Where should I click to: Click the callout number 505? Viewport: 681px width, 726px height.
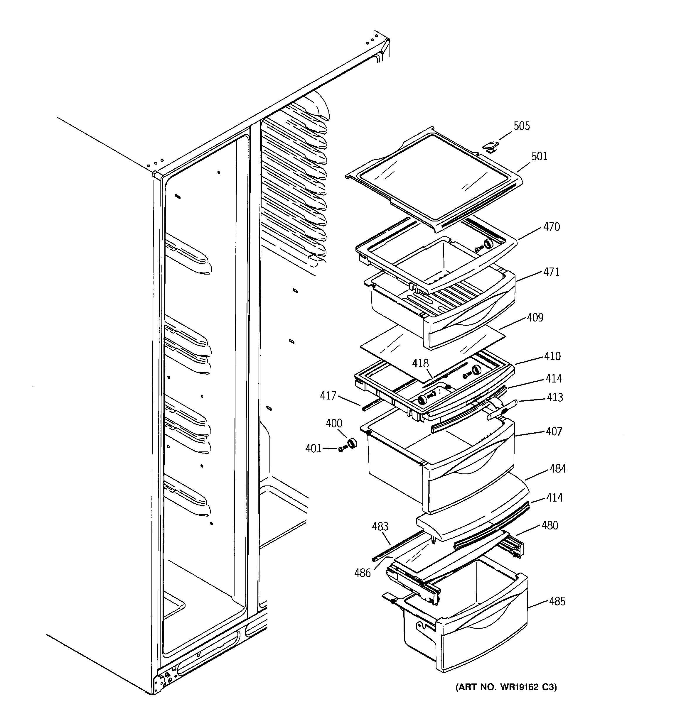click(521, 126)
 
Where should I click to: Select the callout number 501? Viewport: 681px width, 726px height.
click(539, 156)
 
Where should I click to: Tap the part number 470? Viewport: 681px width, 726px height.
click(551, 227)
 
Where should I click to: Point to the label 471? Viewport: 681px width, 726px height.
click(551, 272)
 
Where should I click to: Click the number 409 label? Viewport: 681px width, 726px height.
click(535, 318)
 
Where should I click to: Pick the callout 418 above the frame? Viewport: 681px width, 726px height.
click(420, 363)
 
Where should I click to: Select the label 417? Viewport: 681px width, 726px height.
click(328, 395)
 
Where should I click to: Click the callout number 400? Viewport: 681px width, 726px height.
click(334, 424)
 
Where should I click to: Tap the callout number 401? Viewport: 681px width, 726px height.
click(313, 449)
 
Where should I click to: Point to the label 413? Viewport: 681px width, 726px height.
click(554, 397)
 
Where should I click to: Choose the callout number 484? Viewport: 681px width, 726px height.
click(557, 468)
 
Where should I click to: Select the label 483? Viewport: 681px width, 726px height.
click(380, 527)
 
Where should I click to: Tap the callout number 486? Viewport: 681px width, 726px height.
click(362, 573)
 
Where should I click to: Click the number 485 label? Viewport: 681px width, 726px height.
click(557, 601)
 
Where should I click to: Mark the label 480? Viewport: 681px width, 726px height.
click(549, 526)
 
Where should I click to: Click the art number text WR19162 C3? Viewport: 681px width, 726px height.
click(506, 687)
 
